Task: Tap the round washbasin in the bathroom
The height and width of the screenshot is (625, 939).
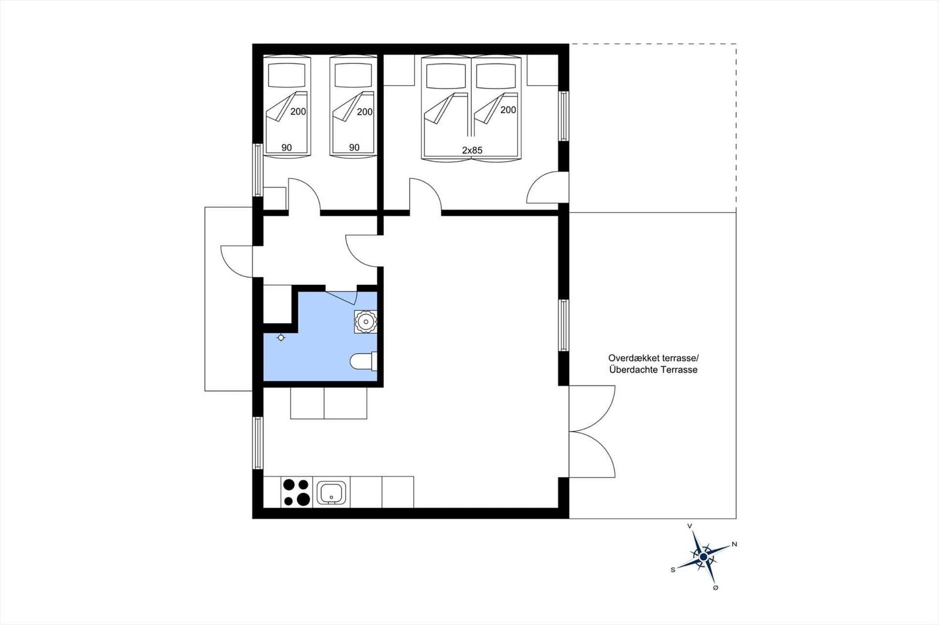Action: (366, 321)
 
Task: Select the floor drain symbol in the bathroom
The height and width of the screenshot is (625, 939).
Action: (281, 337)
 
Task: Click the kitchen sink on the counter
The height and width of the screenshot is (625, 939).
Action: (333, 492)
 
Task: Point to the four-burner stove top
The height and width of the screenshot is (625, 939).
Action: (296, 492)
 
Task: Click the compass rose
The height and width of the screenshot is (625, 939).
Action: (704, 556)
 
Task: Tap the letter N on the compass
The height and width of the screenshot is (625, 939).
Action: (734, 545)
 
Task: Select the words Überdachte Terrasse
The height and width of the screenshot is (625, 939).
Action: (653, 370)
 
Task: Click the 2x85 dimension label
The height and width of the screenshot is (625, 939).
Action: (472, 151)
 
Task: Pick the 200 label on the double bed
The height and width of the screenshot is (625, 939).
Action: (508, 110)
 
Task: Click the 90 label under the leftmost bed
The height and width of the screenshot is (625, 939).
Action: (286, 148)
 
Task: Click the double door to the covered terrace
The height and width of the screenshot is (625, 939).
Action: (592, 431)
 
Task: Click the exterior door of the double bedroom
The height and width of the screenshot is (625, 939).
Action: (547, 188)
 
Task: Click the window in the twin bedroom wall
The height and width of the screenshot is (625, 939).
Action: (258, 169)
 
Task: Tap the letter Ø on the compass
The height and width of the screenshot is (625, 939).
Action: (715, 587)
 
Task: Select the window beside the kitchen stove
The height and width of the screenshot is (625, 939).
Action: (258, 443)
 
